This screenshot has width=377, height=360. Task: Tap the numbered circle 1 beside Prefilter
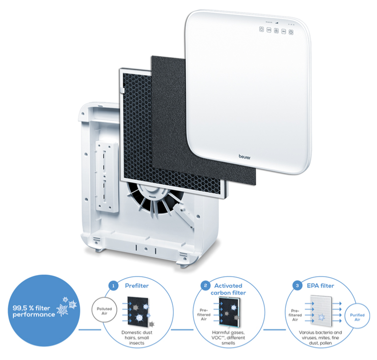114,286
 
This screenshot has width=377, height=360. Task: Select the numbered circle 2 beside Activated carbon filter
205,286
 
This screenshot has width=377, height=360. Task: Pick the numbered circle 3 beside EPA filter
297,286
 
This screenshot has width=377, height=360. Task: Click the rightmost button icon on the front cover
292,30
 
